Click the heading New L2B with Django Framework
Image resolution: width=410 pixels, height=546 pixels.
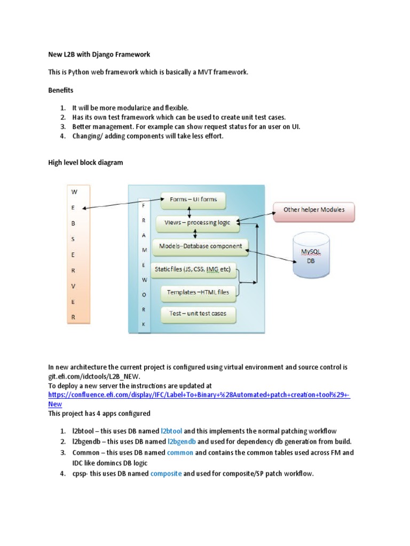coord(99,54)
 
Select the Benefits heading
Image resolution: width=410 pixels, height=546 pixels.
coord(61,91)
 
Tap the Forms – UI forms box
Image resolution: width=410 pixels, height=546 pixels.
coord(193,200)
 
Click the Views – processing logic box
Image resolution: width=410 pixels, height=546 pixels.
coord(196,223)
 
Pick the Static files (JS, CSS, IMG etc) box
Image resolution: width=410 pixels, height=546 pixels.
coord(193,270)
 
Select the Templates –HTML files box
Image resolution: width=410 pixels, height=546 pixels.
coord(198,292)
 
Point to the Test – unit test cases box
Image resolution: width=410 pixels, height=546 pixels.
coord(198,314)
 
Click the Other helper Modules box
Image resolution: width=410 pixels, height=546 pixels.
coord(313,210)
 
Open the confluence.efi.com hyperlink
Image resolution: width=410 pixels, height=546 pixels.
coord(198,395)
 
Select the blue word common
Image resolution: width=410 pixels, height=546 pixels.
coord(179,452)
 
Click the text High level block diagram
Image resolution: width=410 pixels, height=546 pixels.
coord(85,163)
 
